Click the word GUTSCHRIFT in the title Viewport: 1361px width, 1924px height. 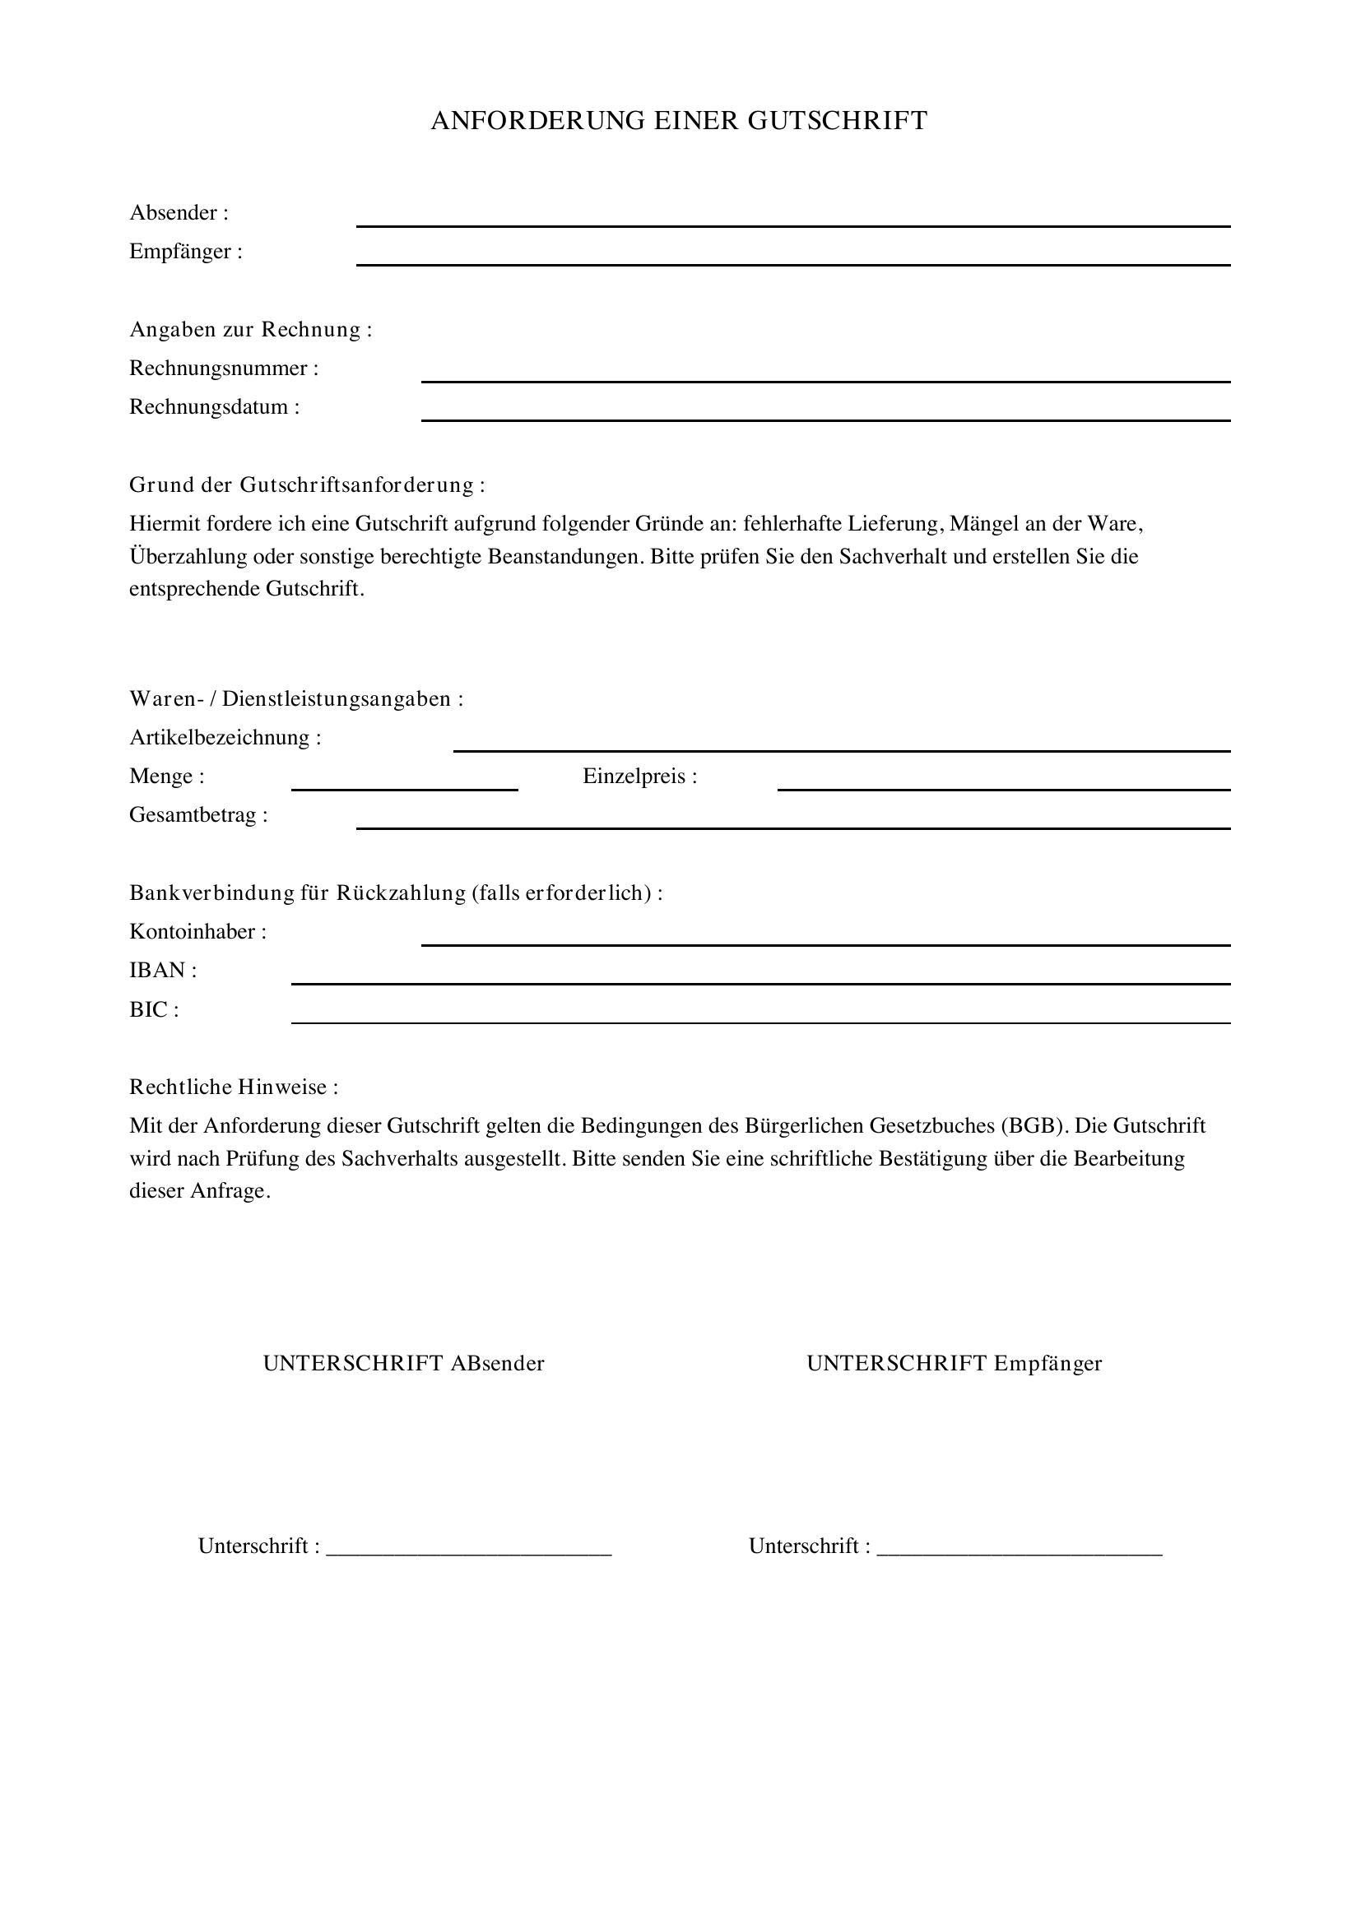pyautogui.click(x=837, y=121)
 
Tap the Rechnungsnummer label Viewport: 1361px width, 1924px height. pyautogui.click(x=224, y=368)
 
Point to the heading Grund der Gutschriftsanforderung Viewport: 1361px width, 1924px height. pyautogui.click(x=307, y=484)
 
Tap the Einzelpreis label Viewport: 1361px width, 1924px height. pyautogui.click(x=639, y=776)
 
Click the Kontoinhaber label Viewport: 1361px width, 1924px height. pyautogui.click(x=197, y=931)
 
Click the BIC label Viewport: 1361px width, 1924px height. pyautogui.click(x=153, y=1009)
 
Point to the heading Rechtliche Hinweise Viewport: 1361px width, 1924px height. pyautogui.click(x=233, y=1087)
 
